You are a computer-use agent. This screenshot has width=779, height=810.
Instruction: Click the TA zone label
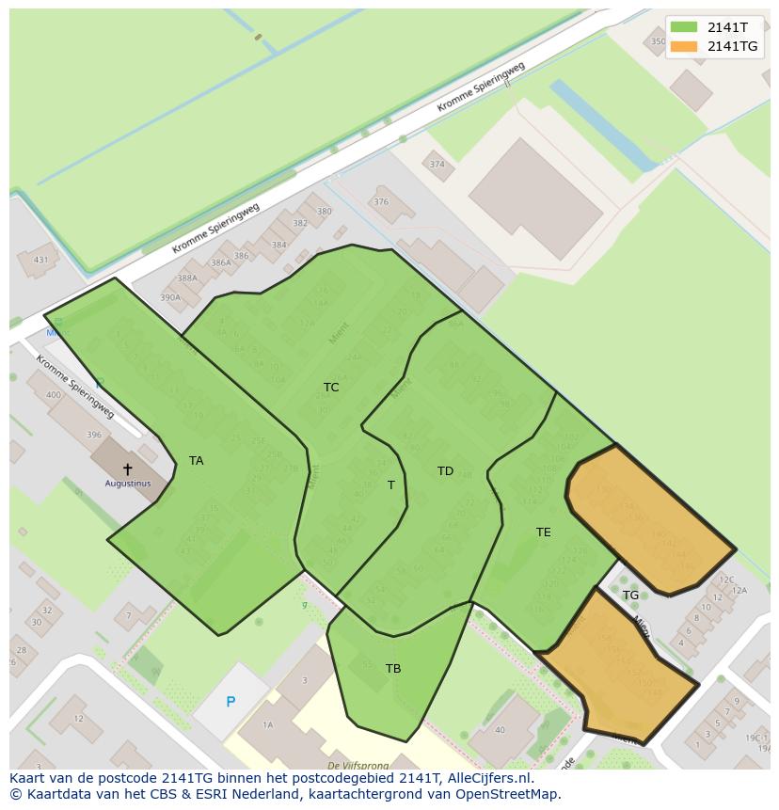(x=196, y=461)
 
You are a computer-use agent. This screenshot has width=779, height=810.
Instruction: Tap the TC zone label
(x=331, y=388)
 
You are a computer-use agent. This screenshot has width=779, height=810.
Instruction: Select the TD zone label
(x=445, y=471)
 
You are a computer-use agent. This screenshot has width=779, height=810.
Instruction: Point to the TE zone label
(x=543, y=532)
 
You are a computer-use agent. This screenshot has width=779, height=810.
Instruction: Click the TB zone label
(x=393, y=669)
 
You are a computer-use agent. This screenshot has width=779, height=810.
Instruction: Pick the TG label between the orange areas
(x=630, y=596)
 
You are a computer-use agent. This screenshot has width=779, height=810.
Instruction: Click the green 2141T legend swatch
(x=684, y=27)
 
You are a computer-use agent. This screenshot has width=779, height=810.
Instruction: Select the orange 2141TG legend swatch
(x=684, y=46)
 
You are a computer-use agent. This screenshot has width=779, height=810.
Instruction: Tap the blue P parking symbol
(x=231, y=702)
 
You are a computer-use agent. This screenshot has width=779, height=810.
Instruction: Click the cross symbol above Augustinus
(x=128, y=469)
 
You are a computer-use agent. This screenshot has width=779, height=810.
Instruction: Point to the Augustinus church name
(x=128, y=484)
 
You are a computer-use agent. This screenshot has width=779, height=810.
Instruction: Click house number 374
(x=437, y=165)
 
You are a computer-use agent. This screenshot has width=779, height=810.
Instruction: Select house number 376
(x=381, y=202)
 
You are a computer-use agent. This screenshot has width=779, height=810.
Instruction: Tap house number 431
(x=40, y=261)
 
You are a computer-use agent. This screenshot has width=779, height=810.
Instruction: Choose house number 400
(x=54, y=395)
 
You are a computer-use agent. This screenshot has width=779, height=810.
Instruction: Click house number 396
(x=94, y=435)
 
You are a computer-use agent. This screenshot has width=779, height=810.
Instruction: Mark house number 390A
(x=169, y=298)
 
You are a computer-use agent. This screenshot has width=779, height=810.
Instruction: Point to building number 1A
(x=267, y=724)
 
